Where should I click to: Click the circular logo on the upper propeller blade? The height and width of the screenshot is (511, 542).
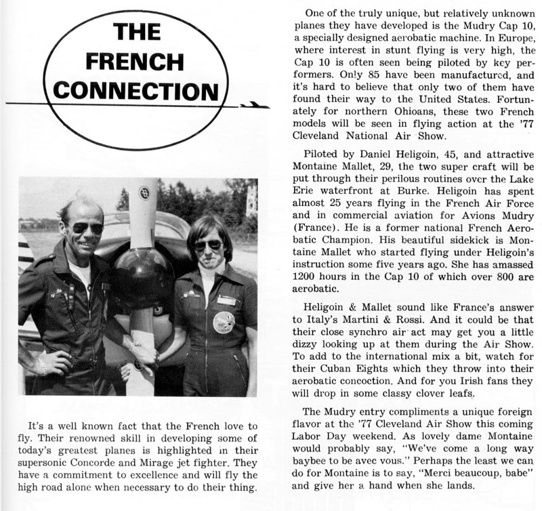coord(143,192)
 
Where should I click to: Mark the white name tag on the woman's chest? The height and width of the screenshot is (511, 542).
coord(228,300)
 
